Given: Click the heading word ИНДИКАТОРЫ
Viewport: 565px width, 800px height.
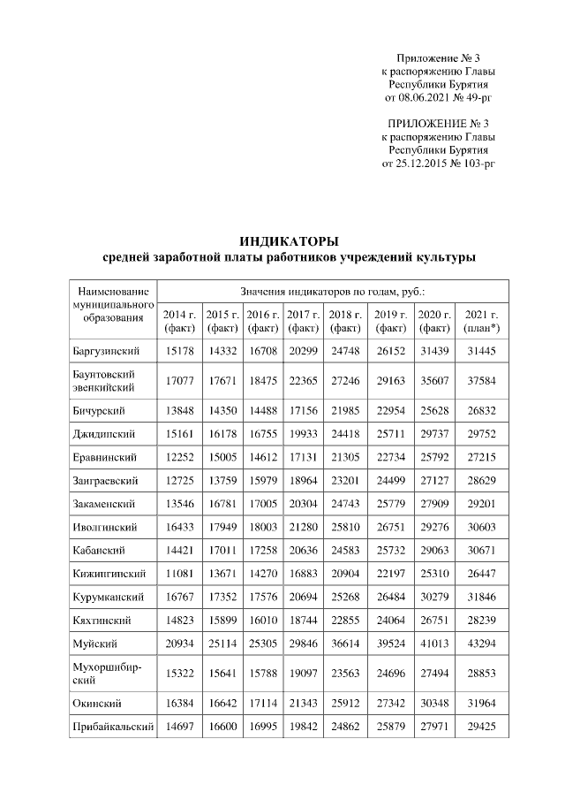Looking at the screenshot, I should [x=290, y=240].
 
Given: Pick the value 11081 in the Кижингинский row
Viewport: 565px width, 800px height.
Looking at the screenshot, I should [x=179, y=551].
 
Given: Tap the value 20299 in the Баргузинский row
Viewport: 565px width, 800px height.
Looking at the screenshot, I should [x=303, y=351].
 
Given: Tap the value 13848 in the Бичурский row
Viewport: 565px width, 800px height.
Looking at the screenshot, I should [x=179, y=411].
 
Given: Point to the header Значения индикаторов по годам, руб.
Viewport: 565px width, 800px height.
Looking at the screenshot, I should [x=334, y=290].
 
